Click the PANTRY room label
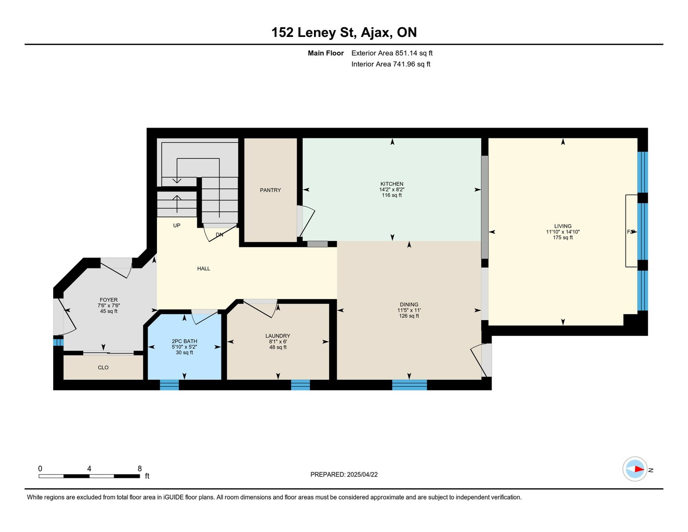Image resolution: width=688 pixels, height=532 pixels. [x=270, y=190]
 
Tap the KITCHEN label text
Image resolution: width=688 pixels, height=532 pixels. [x=392, y=184]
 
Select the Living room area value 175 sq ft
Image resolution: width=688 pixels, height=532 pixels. [x=563, y=237]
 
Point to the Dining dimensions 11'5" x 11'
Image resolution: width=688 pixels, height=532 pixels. [x=409, y=310]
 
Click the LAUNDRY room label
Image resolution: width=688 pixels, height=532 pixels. [x=278, y=336]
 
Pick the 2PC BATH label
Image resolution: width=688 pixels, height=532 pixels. [x=184, y=341]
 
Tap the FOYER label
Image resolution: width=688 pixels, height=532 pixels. [x=109, y=300]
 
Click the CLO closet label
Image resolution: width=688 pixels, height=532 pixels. [x=103, y=367]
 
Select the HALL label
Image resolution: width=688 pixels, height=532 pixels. [x=204, y=268]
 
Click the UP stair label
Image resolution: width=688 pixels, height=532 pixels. [x=177, y=226]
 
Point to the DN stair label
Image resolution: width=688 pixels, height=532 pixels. [x=219, y=235]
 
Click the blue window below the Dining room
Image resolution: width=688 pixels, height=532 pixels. [x=409, y=385]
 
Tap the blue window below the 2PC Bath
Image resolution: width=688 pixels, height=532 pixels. [x=169, y=385]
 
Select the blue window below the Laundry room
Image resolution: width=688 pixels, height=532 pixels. [x=301, y=385]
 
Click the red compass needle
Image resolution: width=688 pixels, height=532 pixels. [x=639, y=469]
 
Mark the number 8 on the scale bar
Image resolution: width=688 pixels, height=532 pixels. [x=140, y=468]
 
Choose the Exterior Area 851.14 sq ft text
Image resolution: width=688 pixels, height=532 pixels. [x=392, y=53]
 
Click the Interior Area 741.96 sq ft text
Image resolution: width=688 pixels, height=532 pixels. [x=391, y=65]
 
